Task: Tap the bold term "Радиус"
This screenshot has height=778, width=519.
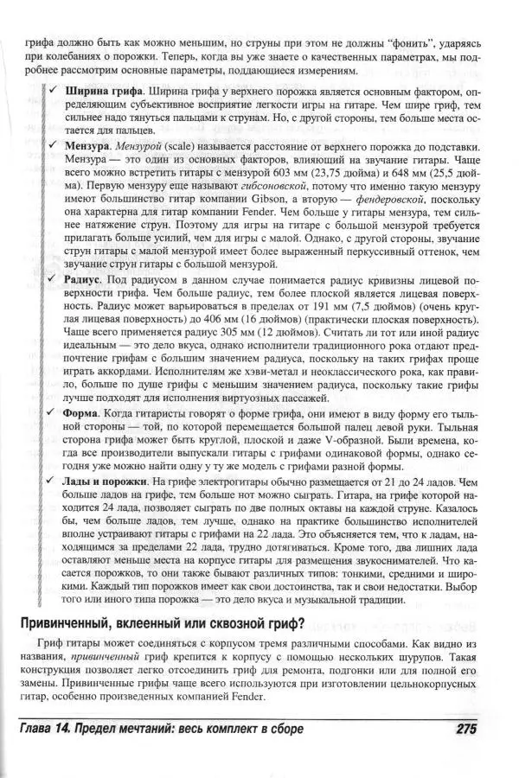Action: [x=85, y=281]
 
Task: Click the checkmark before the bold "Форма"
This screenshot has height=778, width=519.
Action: [x=54, y=415]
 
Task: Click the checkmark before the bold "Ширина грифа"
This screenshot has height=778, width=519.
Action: [x=54, y=91]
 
